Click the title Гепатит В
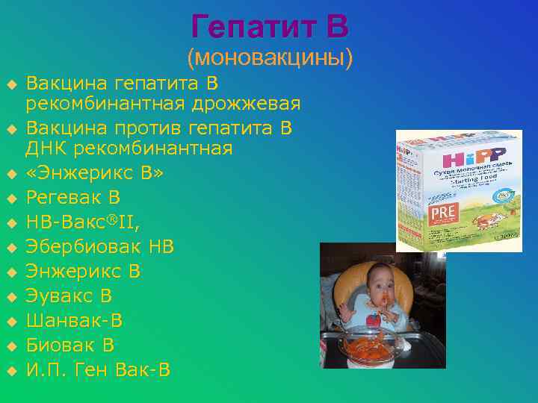point(269,27)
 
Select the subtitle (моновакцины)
point(270,57)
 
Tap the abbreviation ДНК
point(51,149)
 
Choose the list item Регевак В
point(73,198)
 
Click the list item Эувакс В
point(69,296)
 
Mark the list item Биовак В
point(70,345)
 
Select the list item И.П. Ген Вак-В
point(98,369)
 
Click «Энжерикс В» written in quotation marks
point(94,174)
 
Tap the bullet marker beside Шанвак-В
point(12,322)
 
